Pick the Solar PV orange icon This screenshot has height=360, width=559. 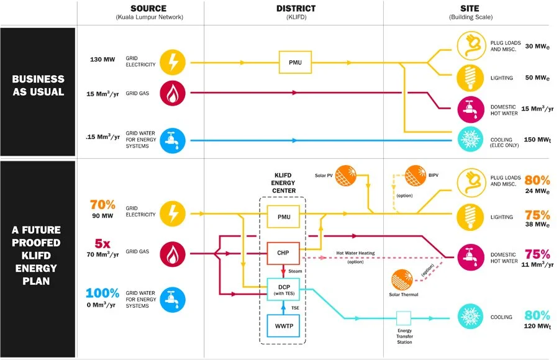coord(346,176)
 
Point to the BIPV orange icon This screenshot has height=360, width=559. coord(416,176)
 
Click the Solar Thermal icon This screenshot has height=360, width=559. coord(402,280)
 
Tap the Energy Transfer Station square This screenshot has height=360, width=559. coord(404,318)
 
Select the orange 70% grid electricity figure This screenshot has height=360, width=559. coord(102,205)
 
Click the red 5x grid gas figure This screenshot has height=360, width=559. coord(102,243)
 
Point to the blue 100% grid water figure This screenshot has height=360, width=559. coord(102,293)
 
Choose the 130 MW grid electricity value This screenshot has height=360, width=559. coord(102,60)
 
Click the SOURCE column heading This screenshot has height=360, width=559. coord(148,8)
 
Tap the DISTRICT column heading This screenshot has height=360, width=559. coord(296,8)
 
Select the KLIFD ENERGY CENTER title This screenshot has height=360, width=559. coord(284,183)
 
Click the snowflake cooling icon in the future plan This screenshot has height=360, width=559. coord(471,317)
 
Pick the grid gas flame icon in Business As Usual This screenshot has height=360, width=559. coord(173,93)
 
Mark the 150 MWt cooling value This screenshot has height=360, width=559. coord(537,140)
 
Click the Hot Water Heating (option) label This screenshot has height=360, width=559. coord(355,258)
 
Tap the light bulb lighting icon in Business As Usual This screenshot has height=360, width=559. coord(471,78)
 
